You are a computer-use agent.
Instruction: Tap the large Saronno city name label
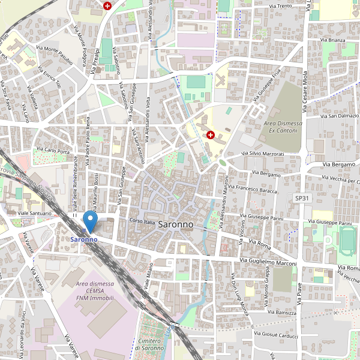tap(176, 224)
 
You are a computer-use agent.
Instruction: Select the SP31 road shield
tap(301, 197)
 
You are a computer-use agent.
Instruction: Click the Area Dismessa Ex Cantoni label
tap(281, 127)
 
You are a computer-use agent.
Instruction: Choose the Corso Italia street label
tap(142, 221)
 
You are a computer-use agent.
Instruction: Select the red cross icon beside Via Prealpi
tap(107, 6)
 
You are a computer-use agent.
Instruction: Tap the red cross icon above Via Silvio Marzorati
tap(211, 135)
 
